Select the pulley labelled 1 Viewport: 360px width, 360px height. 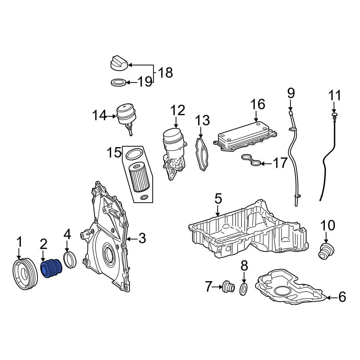(25, 274)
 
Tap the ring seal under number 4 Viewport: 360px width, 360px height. (70, 260)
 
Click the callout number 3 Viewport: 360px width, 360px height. (142, 238)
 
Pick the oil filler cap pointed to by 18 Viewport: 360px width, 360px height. (119, 62)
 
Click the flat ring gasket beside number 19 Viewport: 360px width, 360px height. (118, 82)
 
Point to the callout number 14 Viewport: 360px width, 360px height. (99, 115)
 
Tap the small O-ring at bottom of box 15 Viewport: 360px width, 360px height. (145, 197)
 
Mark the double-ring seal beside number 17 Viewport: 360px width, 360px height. (251, 160)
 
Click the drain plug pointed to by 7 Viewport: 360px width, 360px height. (229, 287)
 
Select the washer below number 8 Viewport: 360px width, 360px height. (244, 289)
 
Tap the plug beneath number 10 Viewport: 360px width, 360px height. (326, 251)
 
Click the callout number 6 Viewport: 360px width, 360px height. (342, 297)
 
